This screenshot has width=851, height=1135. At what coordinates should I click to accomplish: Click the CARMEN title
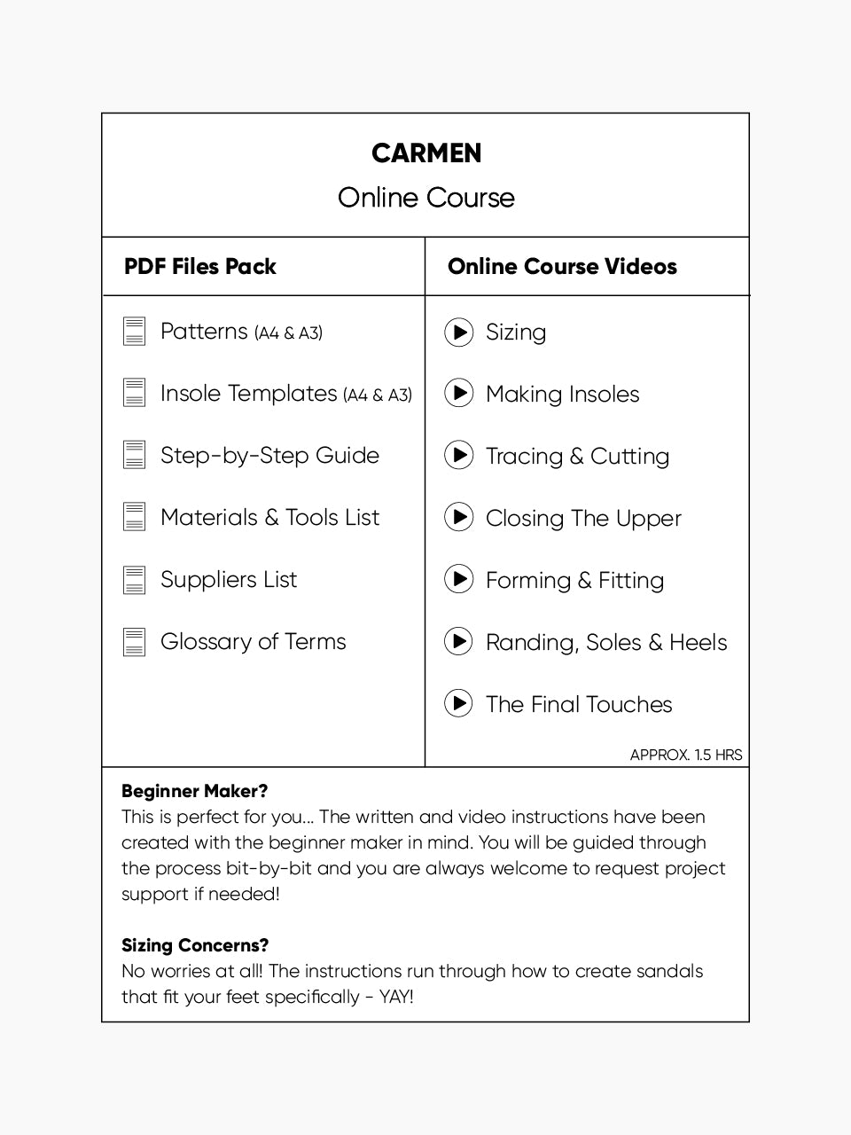[426, 153]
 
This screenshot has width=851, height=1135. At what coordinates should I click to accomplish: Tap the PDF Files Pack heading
[200, 267]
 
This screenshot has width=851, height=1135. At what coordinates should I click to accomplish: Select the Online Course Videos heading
[562, 267]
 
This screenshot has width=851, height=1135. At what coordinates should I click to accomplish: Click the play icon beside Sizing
[458, 333]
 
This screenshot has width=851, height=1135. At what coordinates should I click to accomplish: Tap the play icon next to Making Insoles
[458, 394]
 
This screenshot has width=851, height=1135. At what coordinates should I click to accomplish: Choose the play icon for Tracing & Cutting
[458, 456]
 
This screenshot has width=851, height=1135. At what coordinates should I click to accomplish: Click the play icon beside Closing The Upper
[458, 517]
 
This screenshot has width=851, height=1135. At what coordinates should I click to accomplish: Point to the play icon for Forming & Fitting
[458, 580]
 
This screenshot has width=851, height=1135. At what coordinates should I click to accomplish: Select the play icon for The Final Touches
[458, 704]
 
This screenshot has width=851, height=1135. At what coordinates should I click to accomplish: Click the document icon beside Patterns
[134, 332]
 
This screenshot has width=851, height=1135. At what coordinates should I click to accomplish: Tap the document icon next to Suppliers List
[134, 580]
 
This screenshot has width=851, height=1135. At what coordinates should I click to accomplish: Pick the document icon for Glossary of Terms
[134, 642]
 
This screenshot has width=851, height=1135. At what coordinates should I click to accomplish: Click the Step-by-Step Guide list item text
[269, 456]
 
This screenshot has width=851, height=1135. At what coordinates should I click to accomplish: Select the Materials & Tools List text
[269, 518]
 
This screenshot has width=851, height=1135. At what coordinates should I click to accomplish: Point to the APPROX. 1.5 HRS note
[685, 755]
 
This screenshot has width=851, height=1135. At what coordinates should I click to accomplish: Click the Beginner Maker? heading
[194, 791]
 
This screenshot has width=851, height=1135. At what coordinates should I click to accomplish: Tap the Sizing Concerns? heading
[195, 945]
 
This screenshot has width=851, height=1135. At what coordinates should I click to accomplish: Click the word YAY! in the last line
[395, 997]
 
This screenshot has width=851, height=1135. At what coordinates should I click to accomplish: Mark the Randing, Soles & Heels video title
[606, 643]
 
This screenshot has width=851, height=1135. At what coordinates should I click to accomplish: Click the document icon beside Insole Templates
[134, 394]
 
